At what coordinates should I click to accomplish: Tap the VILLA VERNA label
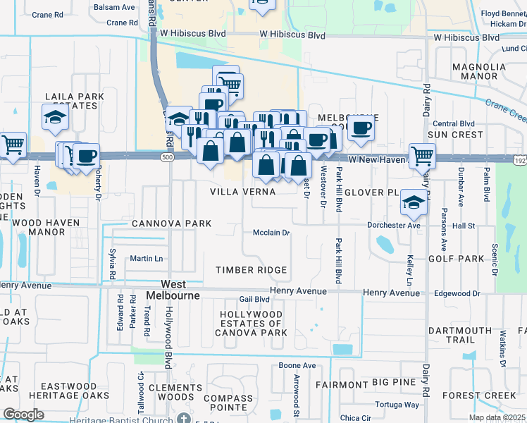pos(243,192)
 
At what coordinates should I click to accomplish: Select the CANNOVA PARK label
pos(171,223)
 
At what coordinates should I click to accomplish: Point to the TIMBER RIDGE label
pos(252,270)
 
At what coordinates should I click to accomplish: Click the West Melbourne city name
pos(173,289)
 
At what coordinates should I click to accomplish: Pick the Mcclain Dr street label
pos(272,233)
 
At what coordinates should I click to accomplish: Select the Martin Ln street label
pos(146,259)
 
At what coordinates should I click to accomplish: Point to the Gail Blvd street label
pos(254,299)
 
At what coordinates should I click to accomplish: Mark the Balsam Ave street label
pos(118,7)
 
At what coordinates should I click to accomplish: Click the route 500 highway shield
pos(167,157)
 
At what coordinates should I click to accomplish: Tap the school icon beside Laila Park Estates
pos(54,118)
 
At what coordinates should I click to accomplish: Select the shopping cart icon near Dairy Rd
pos(421,156)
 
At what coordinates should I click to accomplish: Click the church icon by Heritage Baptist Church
pos(184,418)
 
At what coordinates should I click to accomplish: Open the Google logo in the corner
pos(23,415)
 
